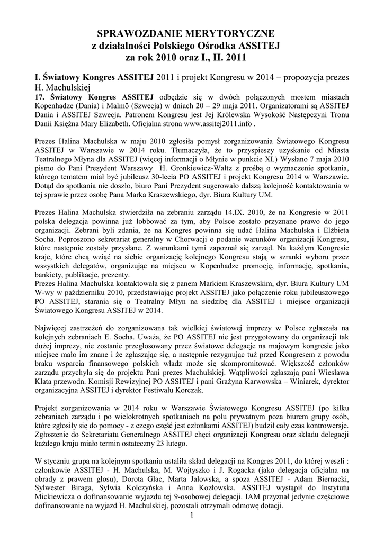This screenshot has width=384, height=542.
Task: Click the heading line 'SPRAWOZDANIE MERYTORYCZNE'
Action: click(192, 35)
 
